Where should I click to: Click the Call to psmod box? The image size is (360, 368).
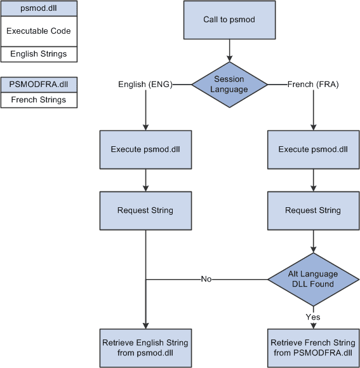coord(229,20)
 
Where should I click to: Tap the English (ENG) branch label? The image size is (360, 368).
coord(145,84)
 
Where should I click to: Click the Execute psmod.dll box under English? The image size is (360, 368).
coord(146,149)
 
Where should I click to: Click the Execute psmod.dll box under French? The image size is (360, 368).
coord(313,149)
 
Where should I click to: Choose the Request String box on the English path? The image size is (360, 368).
coord(146,210)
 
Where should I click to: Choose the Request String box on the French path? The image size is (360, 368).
coord(313,210)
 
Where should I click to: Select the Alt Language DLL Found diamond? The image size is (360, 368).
coord(313,279)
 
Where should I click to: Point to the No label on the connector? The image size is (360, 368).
coord(206,279)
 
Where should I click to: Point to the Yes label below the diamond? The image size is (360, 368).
coord(313,317)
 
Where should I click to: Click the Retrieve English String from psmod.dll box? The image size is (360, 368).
coord(146,348)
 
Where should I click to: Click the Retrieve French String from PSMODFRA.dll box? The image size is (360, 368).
coord(313,348)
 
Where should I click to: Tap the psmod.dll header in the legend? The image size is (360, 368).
coord(39,9)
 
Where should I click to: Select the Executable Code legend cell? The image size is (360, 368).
coord(39,31)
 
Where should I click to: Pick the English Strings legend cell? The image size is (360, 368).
coord(39,54)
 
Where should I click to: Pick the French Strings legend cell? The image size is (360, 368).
coord(39,100)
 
